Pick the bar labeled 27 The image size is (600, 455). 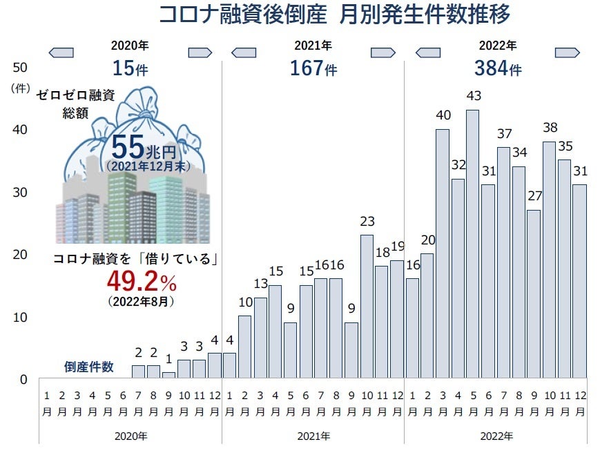[534, 294]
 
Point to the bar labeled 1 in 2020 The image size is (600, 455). [168, 375]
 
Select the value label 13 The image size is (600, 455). [260, 284]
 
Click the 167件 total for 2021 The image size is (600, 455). [313, 69]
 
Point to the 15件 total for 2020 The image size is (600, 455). [130, 69]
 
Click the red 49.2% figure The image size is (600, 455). [142, 281]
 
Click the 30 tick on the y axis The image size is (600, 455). [20, 192]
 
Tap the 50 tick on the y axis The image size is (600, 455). [20, 67]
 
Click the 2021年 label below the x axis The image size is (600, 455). [313, 436]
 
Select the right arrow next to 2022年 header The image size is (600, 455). [568, 52]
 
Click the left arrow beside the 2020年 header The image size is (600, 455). [61, 52]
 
